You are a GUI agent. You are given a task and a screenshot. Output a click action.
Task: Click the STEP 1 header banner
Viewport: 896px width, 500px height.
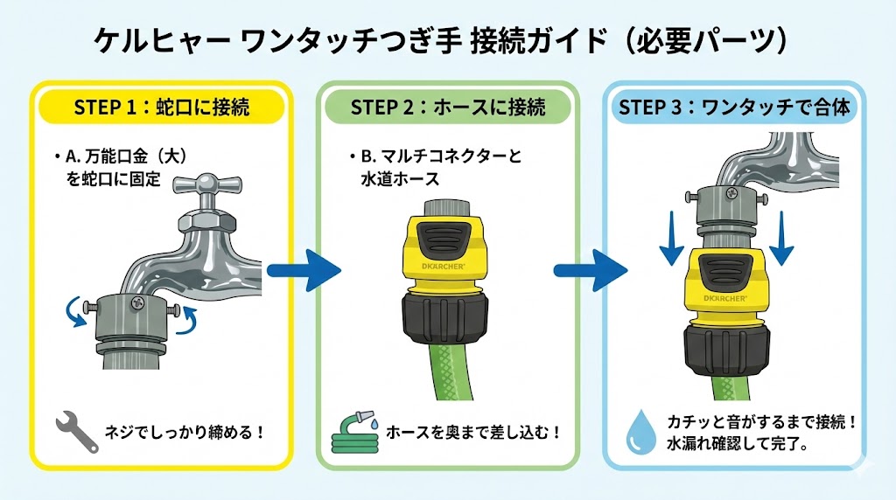pyautogui.click(x=160, y=108)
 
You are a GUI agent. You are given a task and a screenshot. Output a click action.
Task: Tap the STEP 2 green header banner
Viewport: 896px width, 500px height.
pyautogui.click(x=447, y=108)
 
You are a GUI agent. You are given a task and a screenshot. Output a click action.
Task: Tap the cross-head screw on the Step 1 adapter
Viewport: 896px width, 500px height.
pyautogui.click(x=136, y=302)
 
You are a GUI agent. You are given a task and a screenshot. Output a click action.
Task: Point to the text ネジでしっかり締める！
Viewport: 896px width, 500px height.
pyautogui.click(x=184, y=432)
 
